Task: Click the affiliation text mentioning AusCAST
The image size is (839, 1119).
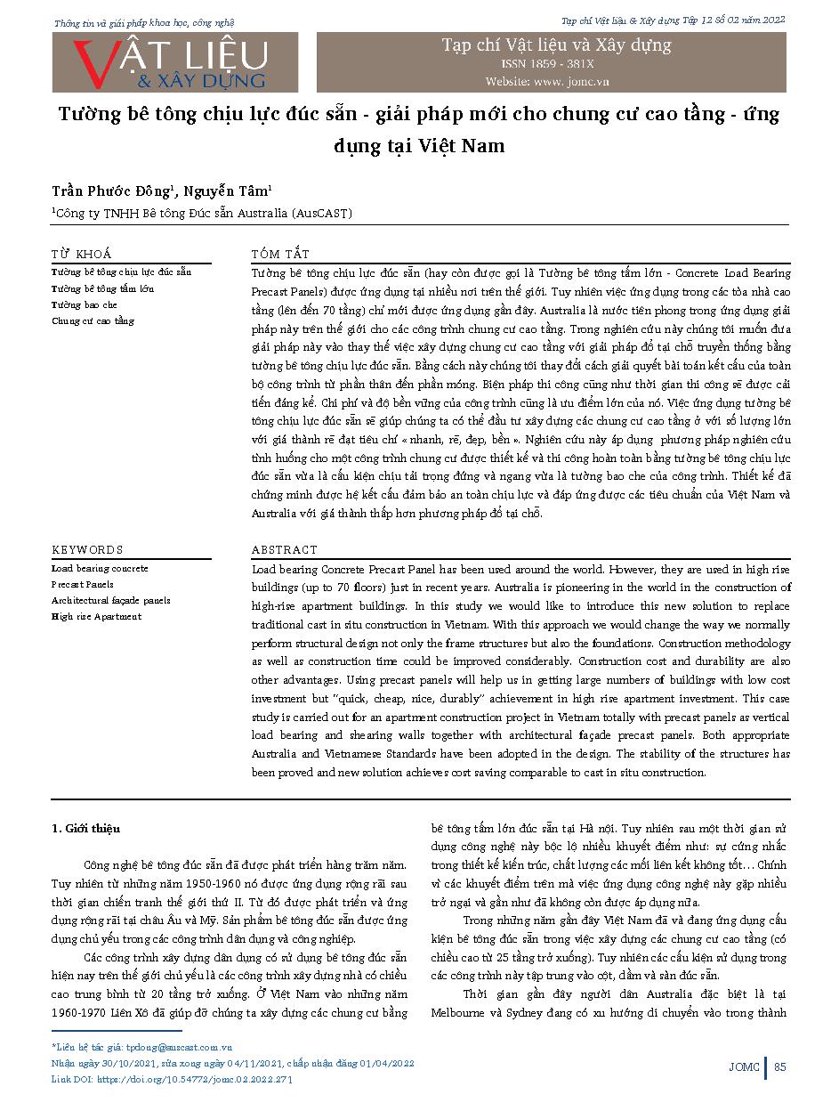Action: click(203, 214)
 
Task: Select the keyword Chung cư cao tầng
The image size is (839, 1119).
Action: click(93, 320)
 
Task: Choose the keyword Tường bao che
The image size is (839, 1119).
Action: click(84, 304)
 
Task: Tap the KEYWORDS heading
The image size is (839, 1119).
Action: click(87, 550)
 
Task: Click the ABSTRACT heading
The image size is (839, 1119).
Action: click(284, 550)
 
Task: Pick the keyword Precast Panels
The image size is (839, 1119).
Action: click(82, 585)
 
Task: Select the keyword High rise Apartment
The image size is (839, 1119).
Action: click(96, 617)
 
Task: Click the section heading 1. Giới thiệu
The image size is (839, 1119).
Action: click(85, 829)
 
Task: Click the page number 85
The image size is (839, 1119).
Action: click(780, 1067)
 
